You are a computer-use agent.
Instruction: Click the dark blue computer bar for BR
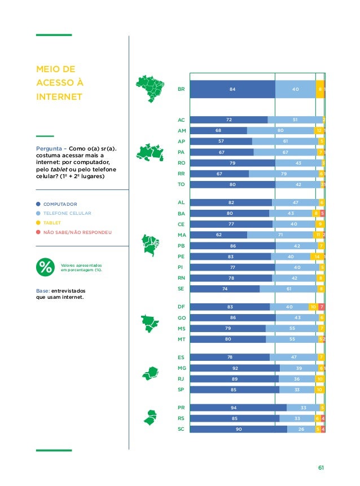[232, 89]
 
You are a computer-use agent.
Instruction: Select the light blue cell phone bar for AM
[280, 131]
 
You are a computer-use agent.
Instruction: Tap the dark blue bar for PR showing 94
[238, 408]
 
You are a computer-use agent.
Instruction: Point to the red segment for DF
[322, 307]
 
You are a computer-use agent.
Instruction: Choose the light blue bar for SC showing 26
[301, 429]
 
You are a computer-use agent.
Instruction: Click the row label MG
[181, 368]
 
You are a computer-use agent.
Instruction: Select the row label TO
[181, 184]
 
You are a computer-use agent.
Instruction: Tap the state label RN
[181, 278]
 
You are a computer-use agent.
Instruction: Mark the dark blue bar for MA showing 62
[218, 235]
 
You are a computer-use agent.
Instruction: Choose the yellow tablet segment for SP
[319, 389]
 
